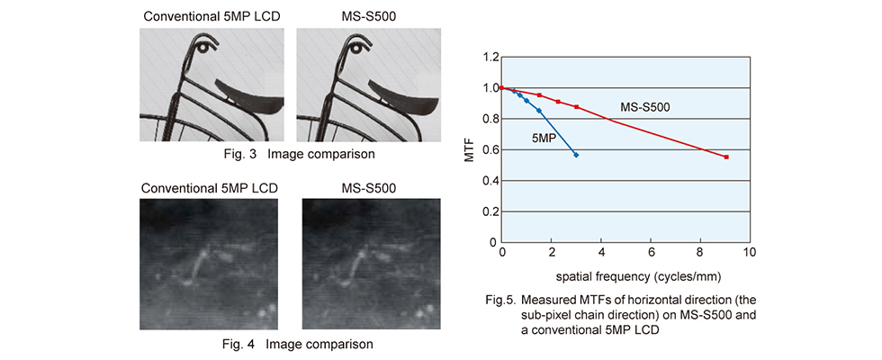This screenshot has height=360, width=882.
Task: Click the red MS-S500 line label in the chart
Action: coord(644,107)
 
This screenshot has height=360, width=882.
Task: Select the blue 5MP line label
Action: coord(543,137)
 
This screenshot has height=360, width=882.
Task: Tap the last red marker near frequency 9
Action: coord(726,157)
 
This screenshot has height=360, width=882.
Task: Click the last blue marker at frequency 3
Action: coord(576,155)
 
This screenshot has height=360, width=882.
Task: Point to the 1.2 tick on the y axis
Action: coord(490,58)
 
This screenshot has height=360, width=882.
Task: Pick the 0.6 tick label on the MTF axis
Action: coord(490,150)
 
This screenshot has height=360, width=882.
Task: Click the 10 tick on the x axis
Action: coord(750,251)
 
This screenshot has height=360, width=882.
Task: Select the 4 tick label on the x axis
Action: coord(601,251)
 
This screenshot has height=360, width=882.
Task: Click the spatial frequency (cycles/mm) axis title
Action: coord(639,277)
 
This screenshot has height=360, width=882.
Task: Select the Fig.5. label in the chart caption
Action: coord(498,300)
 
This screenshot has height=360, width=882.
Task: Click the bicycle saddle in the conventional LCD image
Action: coord(247,94)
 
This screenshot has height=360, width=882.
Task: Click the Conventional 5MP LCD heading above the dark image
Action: coord(210,188)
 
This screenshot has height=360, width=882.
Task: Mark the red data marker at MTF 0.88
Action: coord(577,107)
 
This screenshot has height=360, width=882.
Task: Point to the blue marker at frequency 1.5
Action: coord(539,111)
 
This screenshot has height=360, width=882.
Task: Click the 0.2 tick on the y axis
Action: coord(490,211)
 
